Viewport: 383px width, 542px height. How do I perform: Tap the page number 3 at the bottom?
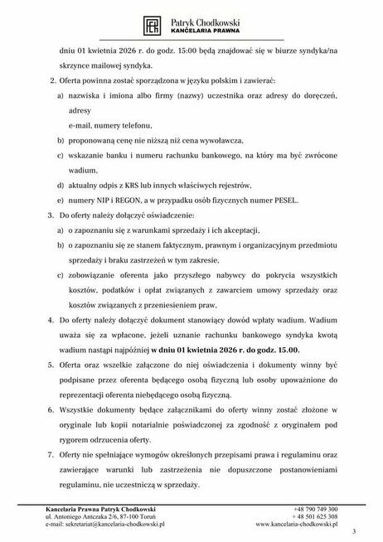tap(353, 530)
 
